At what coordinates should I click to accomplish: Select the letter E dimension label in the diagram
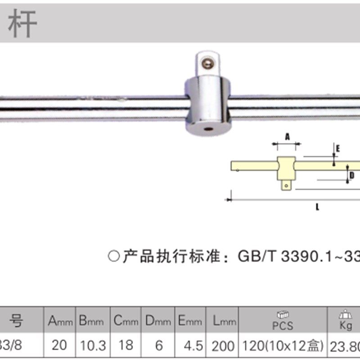pos(338,147)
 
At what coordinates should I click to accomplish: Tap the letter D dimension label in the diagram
pos(352,175)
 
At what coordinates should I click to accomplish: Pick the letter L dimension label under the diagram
pos(317,207)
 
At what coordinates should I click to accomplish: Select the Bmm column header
pos(92,321)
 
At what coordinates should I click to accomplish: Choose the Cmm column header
pos(125,321)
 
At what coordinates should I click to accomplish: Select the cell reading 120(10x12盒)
pos(283,346)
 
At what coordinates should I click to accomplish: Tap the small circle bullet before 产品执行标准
pos(114,257)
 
